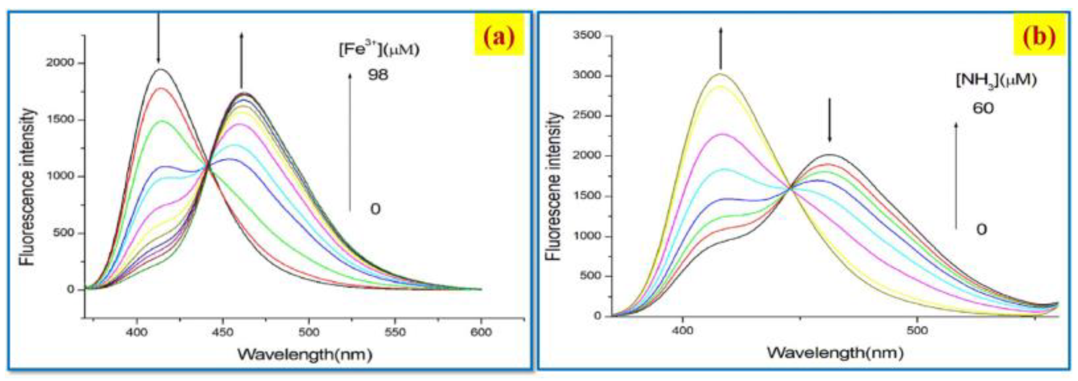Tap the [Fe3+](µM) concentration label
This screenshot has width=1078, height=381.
(379, 49)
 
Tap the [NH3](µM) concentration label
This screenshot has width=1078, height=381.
(996, 81)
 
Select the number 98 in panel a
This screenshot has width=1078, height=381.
(378, 75)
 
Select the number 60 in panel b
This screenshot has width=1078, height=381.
(983, 108)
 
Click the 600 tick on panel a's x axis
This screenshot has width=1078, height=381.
(480, 332)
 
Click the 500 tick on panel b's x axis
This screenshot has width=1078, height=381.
(917, 330)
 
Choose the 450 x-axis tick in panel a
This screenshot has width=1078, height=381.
(223, 332)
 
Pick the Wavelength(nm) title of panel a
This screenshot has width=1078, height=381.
(304, 355)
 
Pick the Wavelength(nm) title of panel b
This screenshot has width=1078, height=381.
(835, 352)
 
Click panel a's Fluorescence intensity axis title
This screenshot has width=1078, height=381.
(27, 187)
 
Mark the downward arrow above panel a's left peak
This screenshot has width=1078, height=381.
(158, 37)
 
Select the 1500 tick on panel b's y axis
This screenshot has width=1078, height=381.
(587, 196)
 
